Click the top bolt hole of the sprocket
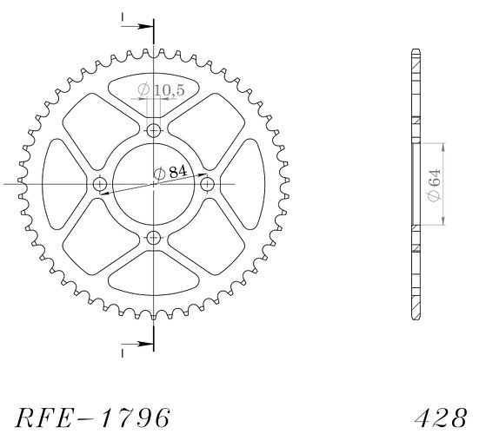pos(153,130)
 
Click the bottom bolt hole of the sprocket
pos(153,238)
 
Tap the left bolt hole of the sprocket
pos(100,184)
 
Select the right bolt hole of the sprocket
pos(207,184)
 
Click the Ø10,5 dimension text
pos(161,90)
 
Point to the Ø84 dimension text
pos(170,173)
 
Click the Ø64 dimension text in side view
pos(433,185)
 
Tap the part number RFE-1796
pos(93,418)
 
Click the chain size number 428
pos(441,418)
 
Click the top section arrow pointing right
pos(137,26)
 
